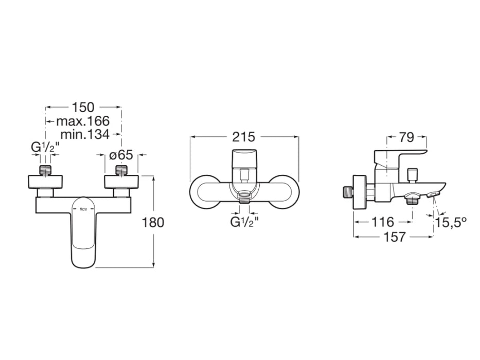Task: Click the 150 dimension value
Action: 83,107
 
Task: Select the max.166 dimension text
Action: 83,121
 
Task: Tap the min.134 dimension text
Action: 85,135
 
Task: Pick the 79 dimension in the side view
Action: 406,137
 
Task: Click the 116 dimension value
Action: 382,222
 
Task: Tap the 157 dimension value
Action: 394,237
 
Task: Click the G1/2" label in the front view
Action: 46,148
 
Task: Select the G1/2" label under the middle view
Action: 244,222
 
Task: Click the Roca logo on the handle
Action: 83,209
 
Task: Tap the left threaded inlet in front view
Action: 46,169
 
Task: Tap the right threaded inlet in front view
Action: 121,169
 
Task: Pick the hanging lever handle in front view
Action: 83,231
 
